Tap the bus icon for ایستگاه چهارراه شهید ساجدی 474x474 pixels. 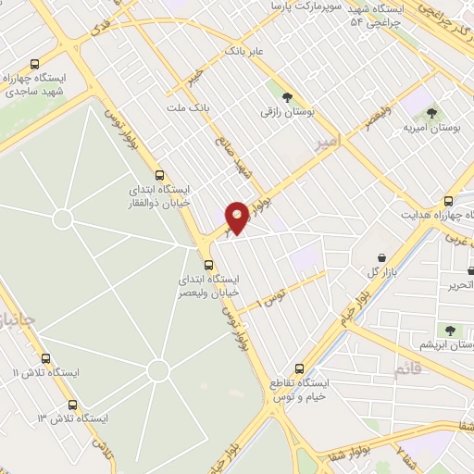click(35, 65)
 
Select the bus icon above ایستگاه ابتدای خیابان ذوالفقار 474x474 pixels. click(159, 174)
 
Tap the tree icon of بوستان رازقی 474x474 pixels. click(286, 95)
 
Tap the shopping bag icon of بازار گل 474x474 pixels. click(381, 256)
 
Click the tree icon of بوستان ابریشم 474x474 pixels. click(451, 330)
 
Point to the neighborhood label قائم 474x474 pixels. click(407, 370)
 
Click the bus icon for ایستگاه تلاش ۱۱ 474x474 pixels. click(45, 358)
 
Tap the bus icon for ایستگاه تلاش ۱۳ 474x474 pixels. click(73, 405)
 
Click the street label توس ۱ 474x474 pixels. click(271, 297)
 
